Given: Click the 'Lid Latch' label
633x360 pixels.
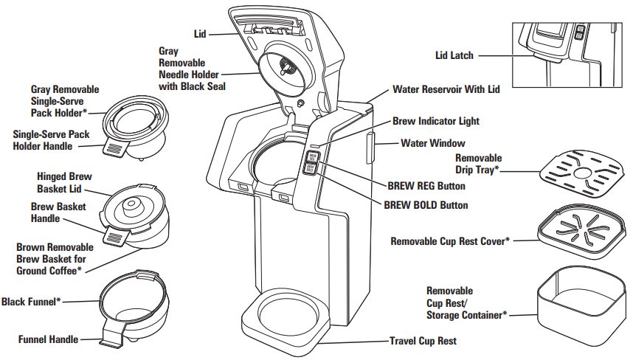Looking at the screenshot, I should [x=454, y=55].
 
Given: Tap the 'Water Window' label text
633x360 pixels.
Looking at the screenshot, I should [x=433, y=143].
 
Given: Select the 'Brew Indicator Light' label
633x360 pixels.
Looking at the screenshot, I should [x=435, y=121].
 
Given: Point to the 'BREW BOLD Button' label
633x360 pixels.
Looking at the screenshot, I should [x=426, y=204].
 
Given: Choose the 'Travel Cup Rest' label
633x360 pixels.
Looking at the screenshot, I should [x=423, y=342].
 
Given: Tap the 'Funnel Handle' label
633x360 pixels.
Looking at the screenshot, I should [x=49, y=340].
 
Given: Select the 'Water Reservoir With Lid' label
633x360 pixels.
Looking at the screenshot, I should [x=446, y=89].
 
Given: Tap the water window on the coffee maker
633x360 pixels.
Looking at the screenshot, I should [x=370, y=148].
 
